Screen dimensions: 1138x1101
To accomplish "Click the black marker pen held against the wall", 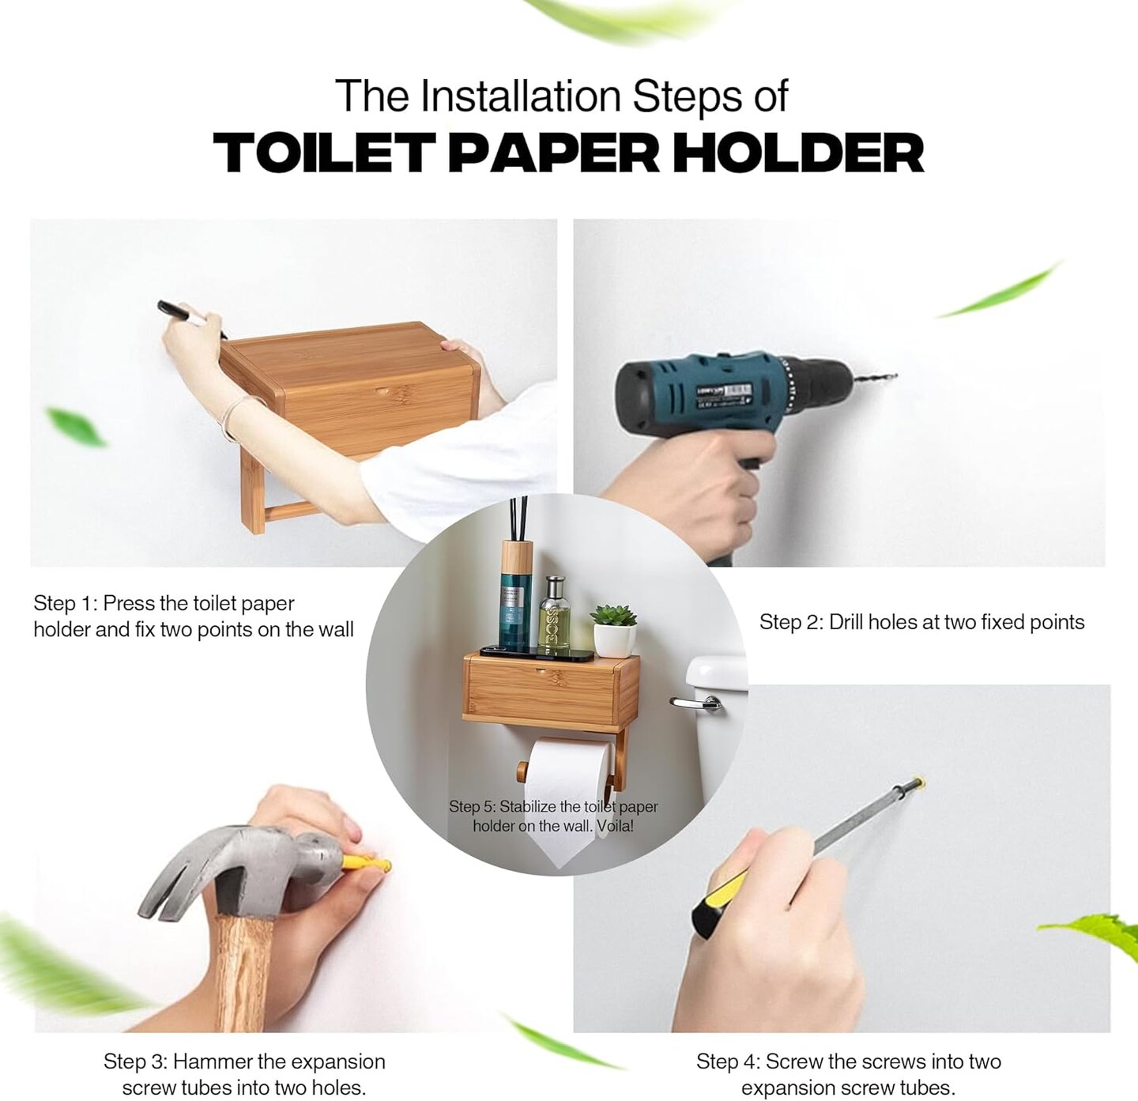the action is click(190, 316).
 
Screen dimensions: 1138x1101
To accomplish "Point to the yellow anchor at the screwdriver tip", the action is click(919, 780).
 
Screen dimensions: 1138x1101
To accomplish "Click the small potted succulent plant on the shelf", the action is click(615, 630).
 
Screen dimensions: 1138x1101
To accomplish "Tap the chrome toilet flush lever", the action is click(696, 703).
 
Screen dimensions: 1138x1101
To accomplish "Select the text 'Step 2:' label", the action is click(791, 622).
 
